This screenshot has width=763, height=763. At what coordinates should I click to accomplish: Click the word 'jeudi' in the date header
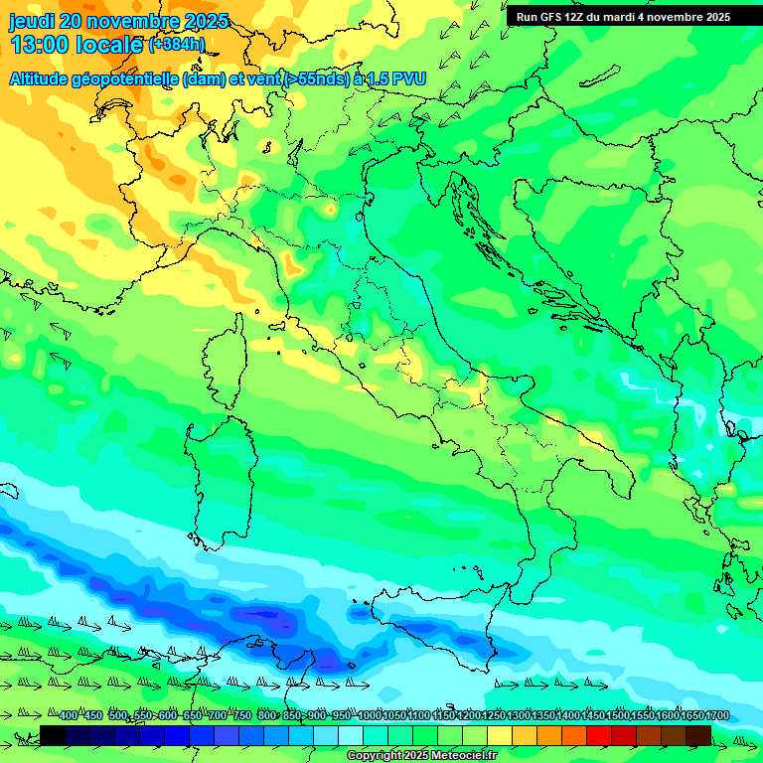pyautogui.click(x=32, y=21)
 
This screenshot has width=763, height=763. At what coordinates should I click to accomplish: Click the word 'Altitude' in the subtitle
pyautogui.click(x=45, y=78)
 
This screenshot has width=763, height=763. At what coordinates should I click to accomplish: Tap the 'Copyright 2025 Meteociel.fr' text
pyautogui.click(x=421, y=756)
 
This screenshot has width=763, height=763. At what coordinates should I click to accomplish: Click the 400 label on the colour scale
pyautogui.click(x=69, y=716)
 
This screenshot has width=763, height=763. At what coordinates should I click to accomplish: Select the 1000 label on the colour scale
pyautogui.click(x=369, y=716)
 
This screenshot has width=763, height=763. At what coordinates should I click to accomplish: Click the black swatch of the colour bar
pyautogui.click(x=53, y=735)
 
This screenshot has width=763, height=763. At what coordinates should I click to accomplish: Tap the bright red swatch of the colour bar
pyautogui.click(x=599, y=735)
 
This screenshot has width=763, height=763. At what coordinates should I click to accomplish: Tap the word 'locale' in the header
pyautogui.click(x=110, y=45)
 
